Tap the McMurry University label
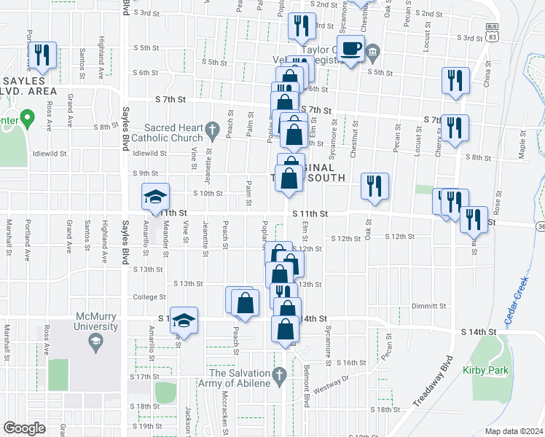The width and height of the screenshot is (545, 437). click(x=96, y=321)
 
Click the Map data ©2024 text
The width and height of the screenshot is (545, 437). click(x=514, y=430)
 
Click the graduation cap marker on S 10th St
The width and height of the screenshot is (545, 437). click(x=154, y=196)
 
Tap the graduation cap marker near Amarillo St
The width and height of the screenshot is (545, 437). click(x=184, y=320)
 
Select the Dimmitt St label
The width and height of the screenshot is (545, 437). click(x=427, y=305)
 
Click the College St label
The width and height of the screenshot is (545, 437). click(x=150, y=297)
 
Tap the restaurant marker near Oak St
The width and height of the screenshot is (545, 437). click(x=375, y=186)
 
